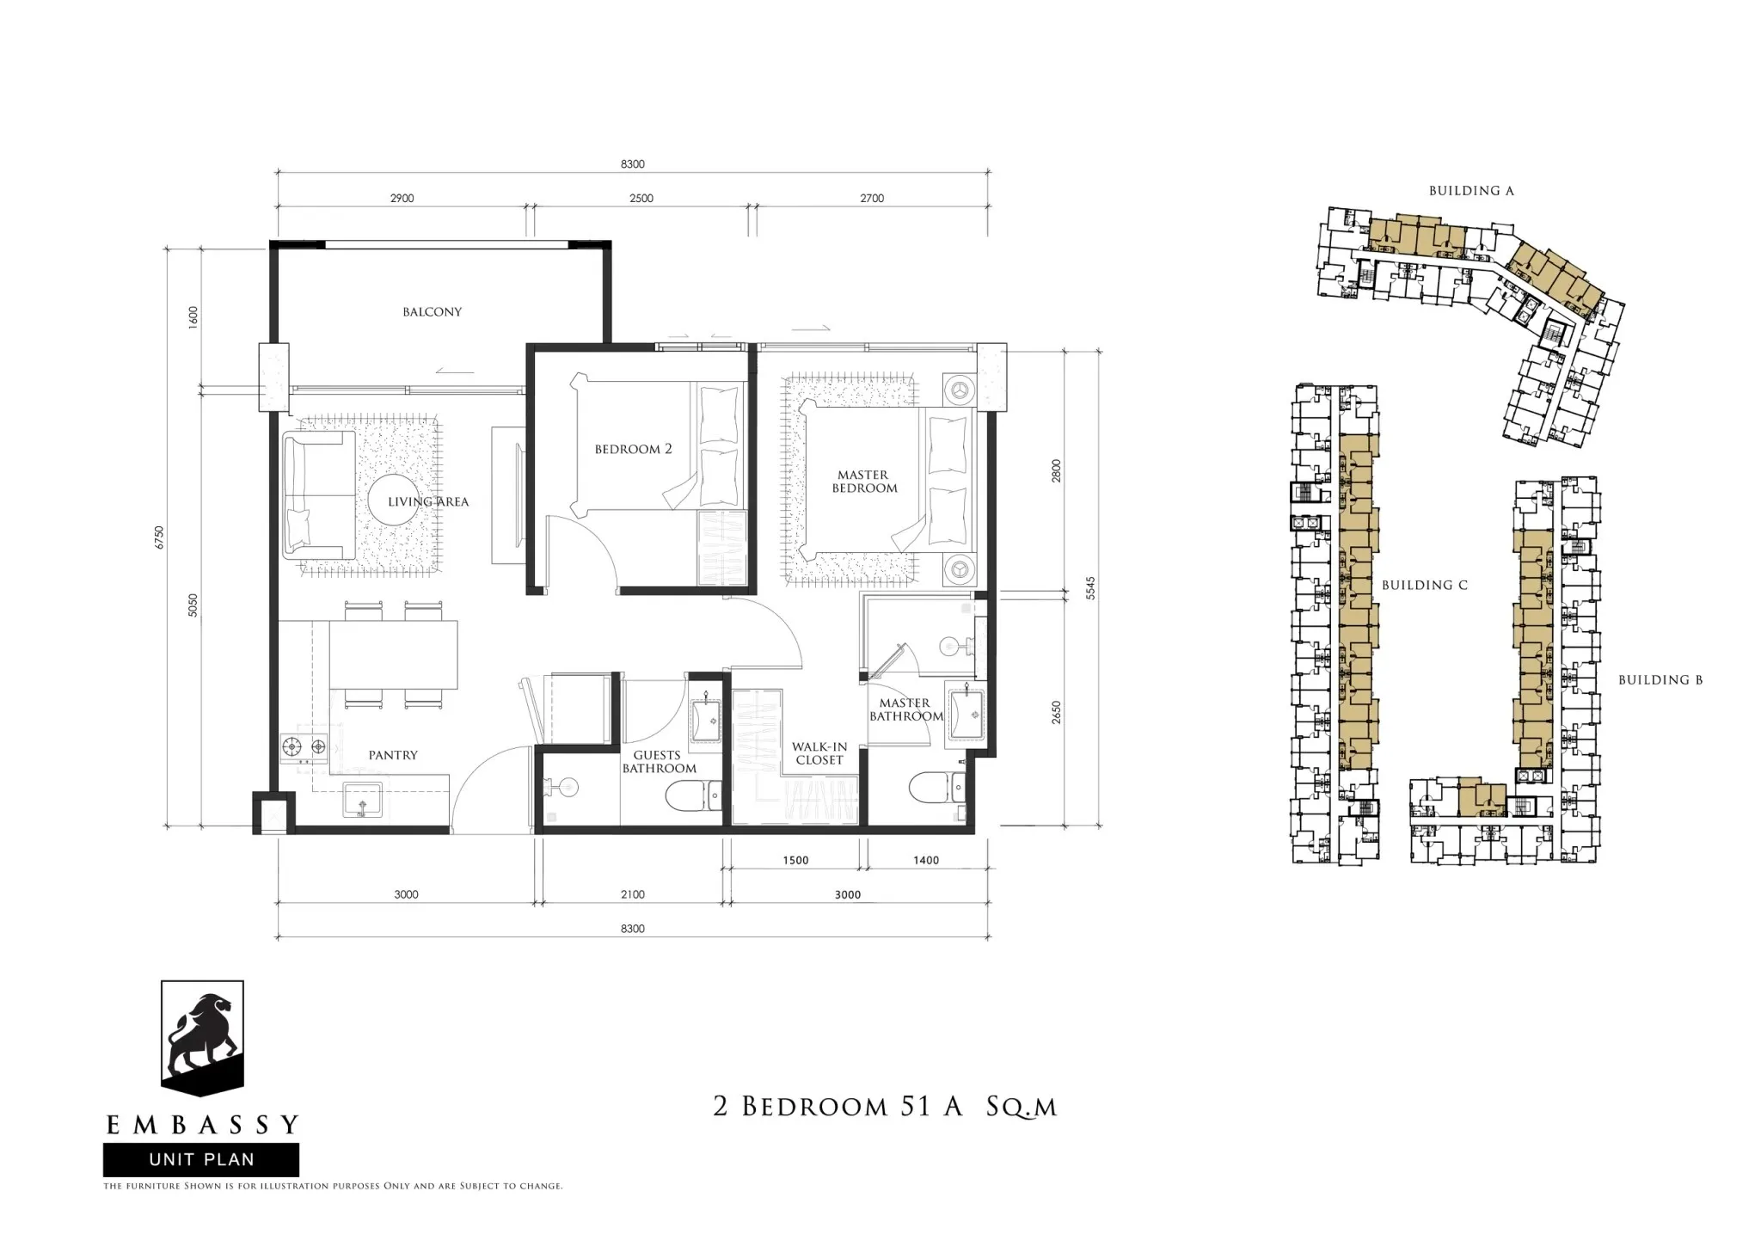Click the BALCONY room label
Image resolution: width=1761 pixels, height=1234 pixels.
tap(432, 312)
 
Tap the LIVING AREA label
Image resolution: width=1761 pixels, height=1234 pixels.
tap(428, 502)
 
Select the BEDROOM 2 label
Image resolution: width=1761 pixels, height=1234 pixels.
tap(633, 449)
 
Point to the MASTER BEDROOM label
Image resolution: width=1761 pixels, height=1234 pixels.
tap(863, 482)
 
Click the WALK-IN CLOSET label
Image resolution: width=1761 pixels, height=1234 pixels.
tap(819, 753)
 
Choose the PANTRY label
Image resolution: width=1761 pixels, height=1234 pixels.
tap(393, 755)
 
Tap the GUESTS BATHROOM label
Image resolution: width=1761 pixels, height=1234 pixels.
tap(660, 762)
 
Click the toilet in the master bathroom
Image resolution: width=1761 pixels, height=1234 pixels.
tap(930, 788)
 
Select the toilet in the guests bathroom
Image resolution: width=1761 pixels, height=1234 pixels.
tap(693, 795)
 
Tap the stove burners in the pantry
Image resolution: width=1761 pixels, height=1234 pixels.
tap(303, 749)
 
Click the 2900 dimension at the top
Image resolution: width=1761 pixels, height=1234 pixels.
tap(402, 199)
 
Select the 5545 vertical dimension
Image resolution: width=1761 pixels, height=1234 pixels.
tap(1090, 589)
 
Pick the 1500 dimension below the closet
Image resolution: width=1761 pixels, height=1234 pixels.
tap(795, 861)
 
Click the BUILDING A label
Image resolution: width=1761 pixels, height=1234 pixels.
tap(1471, 191)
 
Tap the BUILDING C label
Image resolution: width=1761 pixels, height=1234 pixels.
tap(1425, 586)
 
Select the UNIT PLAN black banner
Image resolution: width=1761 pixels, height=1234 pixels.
tap(201, 1159)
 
